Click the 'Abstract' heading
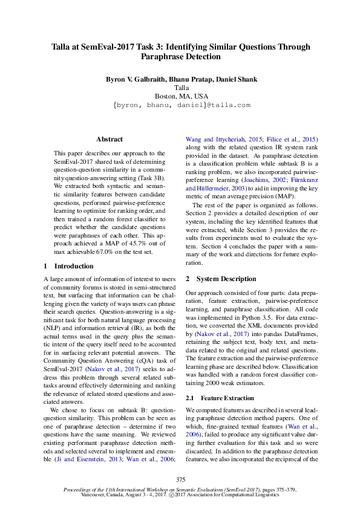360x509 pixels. (109, 139)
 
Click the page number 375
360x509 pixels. (180, 479)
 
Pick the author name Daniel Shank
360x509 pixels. (237, 79)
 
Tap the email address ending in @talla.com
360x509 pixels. (182, 105)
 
